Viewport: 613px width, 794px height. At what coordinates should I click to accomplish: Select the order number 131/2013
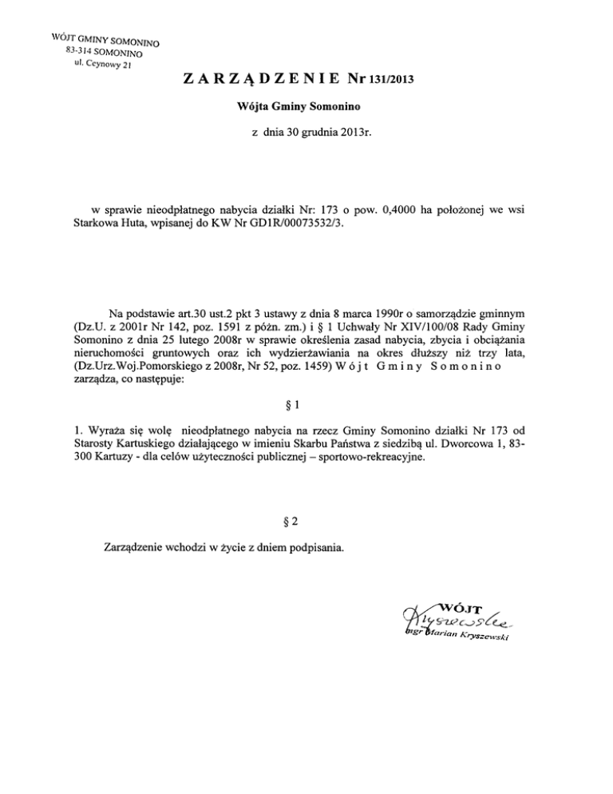[x=386, y=80]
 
